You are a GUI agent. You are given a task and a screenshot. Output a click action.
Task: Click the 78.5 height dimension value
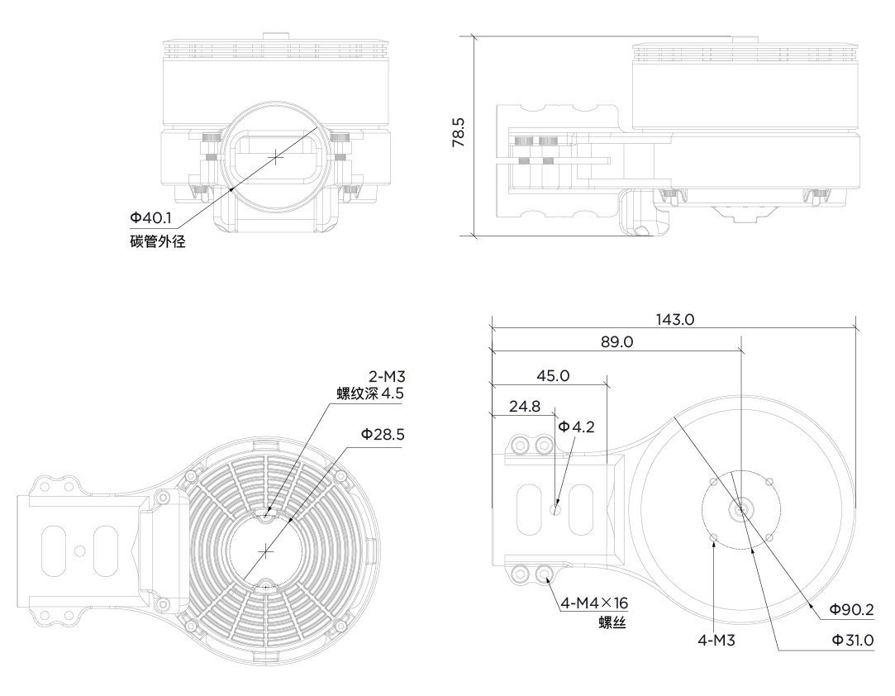pos(459,132)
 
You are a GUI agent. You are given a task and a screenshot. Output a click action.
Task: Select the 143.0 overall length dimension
pos(674,319)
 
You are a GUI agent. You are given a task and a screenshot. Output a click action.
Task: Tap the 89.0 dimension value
pos(617,342)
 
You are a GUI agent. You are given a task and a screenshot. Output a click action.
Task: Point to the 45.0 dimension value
pos(553,376)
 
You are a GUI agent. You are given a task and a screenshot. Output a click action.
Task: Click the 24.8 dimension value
pos(525,407)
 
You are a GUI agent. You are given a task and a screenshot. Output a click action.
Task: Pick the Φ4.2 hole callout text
pos(577,427)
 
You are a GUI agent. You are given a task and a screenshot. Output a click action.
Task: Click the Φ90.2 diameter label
pos(852,610)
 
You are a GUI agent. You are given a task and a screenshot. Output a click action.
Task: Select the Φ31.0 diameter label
pos(853,640)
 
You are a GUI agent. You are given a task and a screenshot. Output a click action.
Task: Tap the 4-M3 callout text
pos(716,641)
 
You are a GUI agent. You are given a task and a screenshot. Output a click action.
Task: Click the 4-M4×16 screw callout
pos(594,603)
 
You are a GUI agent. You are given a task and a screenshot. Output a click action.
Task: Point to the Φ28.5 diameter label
pos(383,435)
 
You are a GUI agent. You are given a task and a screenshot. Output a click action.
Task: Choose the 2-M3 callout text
pos(387,377)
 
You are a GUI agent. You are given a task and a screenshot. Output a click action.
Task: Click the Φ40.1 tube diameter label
pos(150,217)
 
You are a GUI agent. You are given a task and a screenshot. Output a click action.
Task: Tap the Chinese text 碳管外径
pos(158,241)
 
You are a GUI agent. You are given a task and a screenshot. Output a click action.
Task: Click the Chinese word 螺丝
pos(612,622)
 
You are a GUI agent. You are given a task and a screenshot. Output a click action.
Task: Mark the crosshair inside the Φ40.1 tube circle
pos(276,156)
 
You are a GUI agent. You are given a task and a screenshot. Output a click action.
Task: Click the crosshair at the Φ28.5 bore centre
pos(266,551)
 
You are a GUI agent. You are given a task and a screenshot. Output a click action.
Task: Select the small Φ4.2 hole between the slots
pos(555,509)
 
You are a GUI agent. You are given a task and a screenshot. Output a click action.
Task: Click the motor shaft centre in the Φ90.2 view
pos(741,511)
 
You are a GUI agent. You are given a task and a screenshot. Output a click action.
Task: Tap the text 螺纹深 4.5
pos(370,394)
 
